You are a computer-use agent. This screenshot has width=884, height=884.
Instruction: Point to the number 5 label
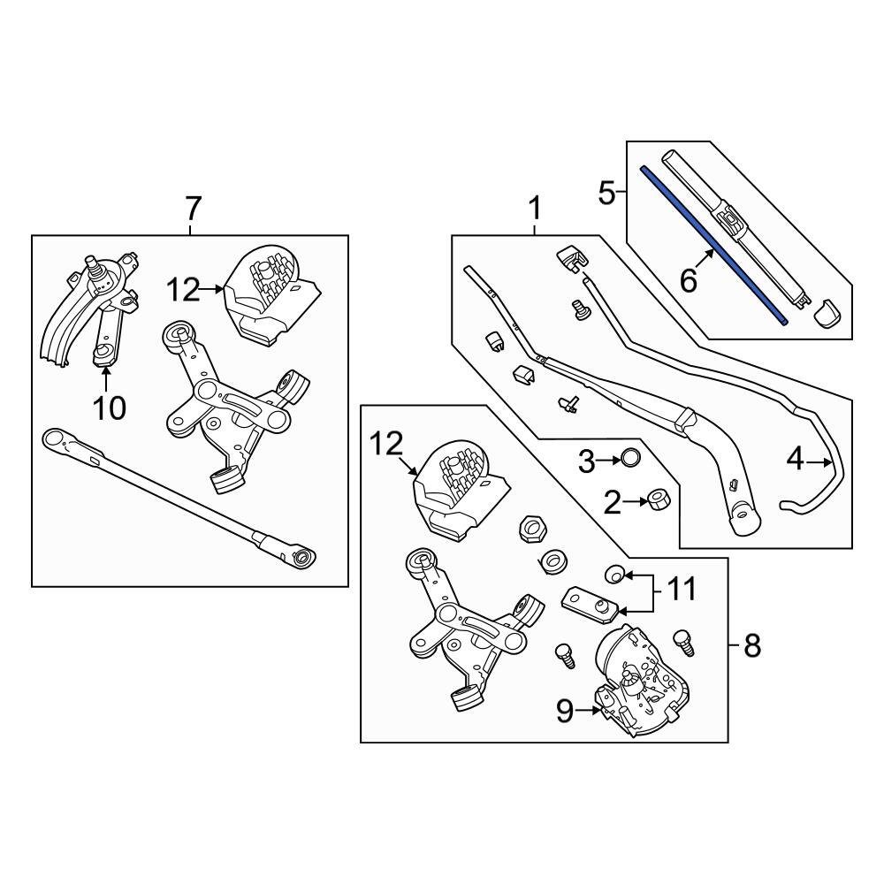[606, 192]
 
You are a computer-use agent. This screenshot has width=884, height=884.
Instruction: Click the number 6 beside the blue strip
[688, 281]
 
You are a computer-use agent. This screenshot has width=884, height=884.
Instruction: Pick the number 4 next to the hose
[796, 460]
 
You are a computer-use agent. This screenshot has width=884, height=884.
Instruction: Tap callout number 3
[587, 460]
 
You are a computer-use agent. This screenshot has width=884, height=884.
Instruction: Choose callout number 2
[613, 504]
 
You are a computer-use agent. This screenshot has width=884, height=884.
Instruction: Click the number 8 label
[751, 646]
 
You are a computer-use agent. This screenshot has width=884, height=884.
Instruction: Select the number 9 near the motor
[565, 711]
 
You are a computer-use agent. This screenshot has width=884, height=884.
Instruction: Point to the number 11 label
[682, 588]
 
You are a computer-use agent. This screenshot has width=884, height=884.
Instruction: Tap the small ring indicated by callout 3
[629, 458]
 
